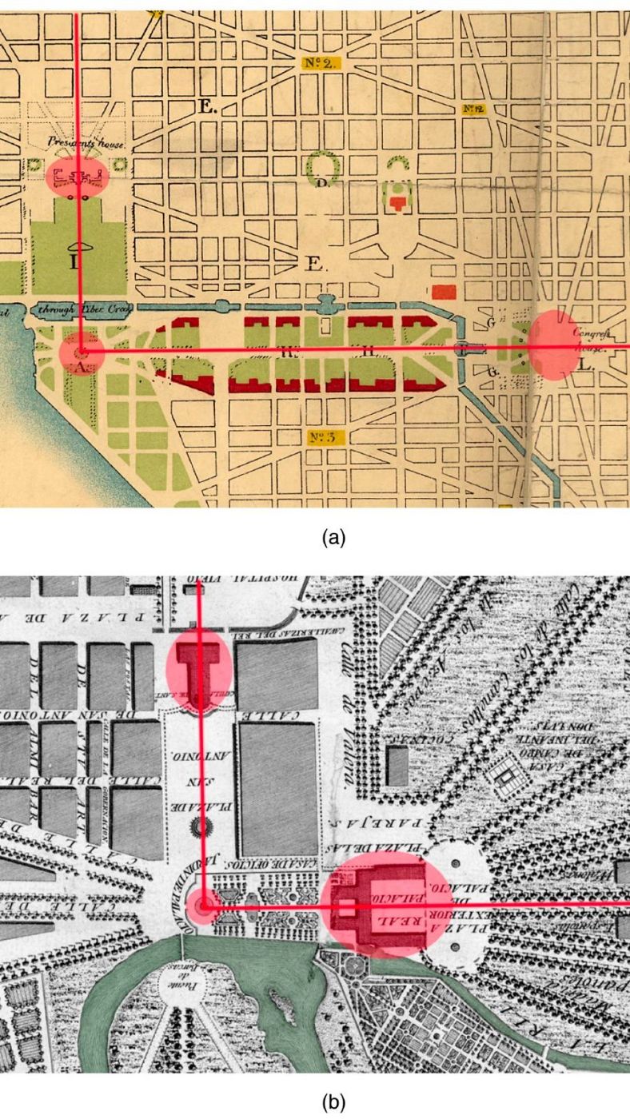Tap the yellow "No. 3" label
coord(325,436)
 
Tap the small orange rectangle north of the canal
coord(442,291)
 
